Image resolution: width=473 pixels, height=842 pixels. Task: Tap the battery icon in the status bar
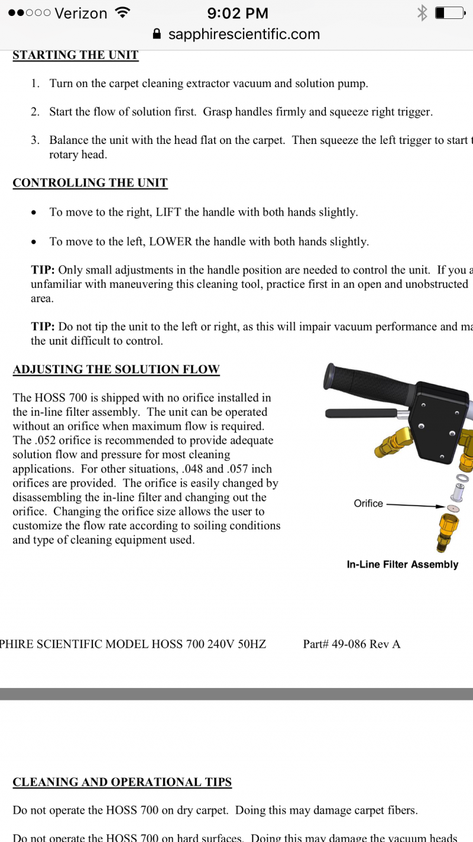tap(449, 13)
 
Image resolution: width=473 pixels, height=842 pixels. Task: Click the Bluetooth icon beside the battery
tap(422, 13)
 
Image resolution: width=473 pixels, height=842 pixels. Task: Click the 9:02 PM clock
tap(238, 13)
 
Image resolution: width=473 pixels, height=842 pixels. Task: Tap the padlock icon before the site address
tap(157, 34)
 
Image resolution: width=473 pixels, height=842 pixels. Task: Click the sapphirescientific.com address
tap(244, 34)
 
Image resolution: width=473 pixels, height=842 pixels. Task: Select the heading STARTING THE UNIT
tap(76, 55)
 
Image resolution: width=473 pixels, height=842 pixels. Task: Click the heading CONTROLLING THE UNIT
tap(90, 183)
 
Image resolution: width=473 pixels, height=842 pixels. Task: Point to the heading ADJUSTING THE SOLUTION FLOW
tap(116, 369)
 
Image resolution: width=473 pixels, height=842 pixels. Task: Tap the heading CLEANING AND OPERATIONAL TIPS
tap(122, 782)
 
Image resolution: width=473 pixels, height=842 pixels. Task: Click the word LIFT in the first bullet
tap(168, 212)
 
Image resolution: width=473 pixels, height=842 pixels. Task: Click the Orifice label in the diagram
tap(368, 503)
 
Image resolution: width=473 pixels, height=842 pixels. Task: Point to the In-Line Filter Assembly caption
tap(403, 564)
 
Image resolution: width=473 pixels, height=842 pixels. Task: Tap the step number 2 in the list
tap(35, 112)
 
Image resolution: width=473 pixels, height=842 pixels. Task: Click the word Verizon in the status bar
tap(80, 13)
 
